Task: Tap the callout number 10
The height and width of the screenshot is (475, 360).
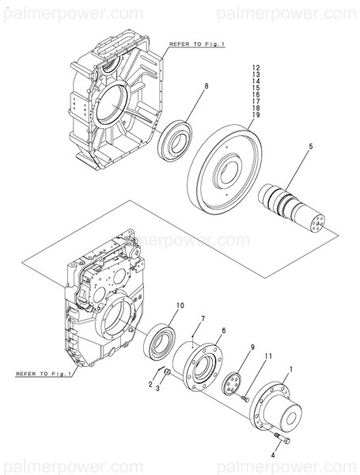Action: (x=180, y=305)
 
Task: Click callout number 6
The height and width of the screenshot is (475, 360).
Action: (x=224, y=330)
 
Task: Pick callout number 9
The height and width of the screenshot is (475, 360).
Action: (x=252, y=347)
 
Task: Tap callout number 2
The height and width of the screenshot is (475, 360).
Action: (x=150, y=383)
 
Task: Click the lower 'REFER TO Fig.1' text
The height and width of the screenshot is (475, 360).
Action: (x=44, y=372)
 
